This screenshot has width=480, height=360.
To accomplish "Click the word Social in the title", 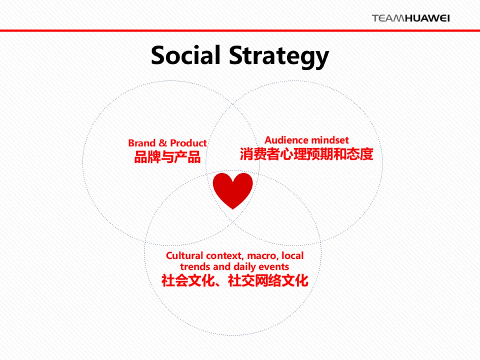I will pos(186,55).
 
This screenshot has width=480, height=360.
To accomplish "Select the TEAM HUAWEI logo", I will pos(410,18).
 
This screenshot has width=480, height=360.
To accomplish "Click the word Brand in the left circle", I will pos(142,143).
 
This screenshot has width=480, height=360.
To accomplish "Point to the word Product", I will pos(188,143).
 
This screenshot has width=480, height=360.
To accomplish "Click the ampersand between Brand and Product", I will pos(163,143).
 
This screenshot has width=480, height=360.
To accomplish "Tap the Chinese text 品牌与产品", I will pos(167,157).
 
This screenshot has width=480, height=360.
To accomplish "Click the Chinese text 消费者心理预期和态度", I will pos(306,154).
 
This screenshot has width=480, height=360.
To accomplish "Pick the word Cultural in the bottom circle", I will pos(185,256).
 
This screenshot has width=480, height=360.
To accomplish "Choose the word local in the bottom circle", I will pos(293,256).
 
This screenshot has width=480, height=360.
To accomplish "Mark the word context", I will pos(225,256).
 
